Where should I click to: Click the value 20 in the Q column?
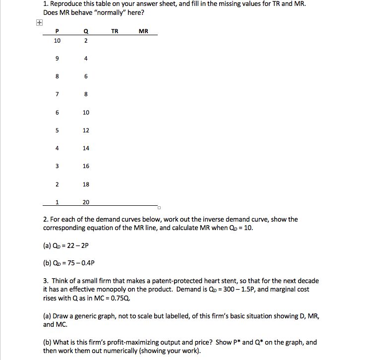pyautogui.click(x=86, y=202)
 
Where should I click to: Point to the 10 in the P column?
pyautogui.click(x=58, y=41)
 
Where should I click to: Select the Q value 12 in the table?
pyautogui.click(x=86, y=130)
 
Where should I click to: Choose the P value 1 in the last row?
pyautogui.click(x=58, y=202)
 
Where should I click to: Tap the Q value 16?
pyautogui.click(x=86, y=166)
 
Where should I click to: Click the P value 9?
pyautogui.click(x=58, y=59)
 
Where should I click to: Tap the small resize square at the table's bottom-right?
pyautogui.click(x=160, y=207)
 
